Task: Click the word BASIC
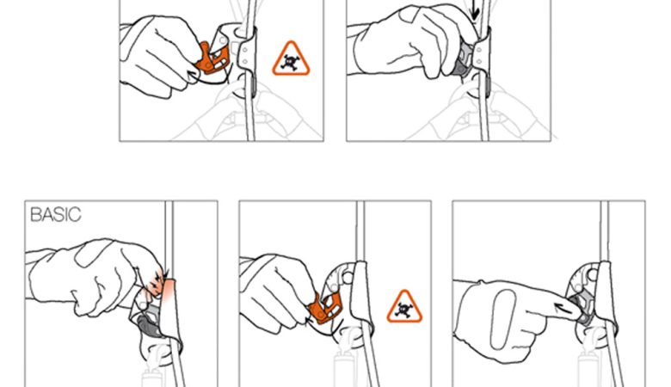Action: click(x=56, y=214)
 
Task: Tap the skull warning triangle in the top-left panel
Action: click(x=291, y=59)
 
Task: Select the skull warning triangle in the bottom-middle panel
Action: click(x=404, y=307)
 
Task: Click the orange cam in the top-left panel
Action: click(x=212, y=58)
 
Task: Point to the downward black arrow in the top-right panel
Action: click(x=474, y=9)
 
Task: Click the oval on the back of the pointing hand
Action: click(x=503, y=319)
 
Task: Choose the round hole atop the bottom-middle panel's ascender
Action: click(x=347, y=278)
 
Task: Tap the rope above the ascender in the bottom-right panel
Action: click(x=604, y=231)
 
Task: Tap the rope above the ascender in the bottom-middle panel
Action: click(x=360, y=231)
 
